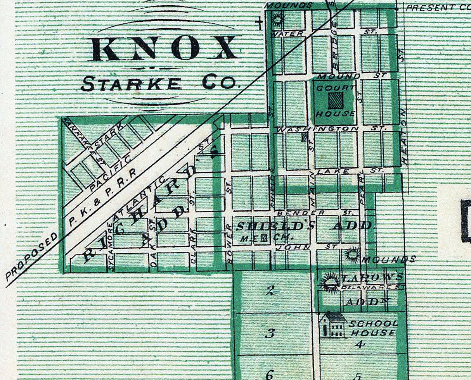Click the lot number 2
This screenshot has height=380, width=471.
click(270, 291)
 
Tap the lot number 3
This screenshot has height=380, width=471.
click(270, 333)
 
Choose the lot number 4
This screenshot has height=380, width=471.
click(360, 344)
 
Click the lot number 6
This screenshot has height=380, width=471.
click(270, 374)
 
